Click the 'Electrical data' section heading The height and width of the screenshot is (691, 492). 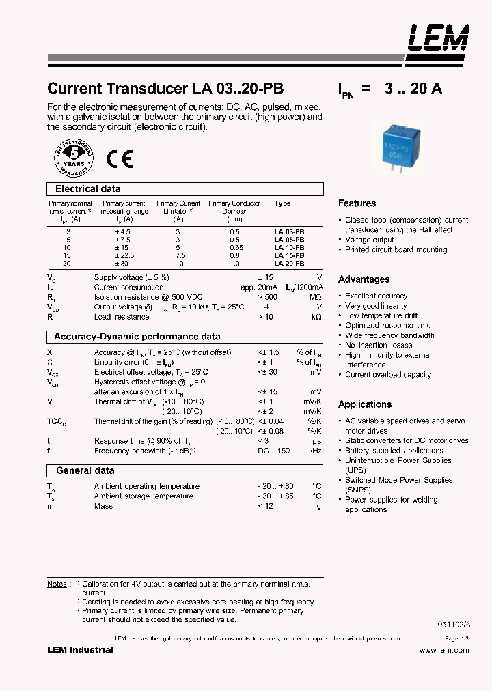87,189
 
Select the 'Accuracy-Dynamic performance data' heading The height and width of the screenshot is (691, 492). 137,337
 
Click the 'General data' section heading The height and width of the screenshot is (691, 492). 85,471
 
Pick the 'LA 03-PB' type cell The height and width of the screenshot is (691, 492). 289,232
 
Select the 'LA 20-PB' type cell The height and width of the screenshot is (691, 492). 289,263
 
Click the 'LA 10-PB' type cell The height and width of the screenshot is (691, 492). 289,247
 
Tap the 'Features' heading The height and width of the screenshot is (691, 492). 357,203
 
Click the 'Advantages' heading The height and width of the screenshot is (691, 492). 364,279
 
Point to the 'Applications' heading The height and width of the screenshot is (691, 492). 365,404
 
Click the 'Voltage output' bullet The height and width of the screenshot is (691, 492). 369,240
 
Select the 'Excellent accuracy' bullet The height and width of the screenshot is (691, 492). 376,296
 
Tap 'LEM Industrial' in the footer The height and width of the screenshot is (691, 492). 80,650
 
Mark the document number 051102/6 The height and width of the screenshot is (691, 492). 454,624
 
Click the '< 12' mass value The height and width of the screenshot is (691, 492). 266,506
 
